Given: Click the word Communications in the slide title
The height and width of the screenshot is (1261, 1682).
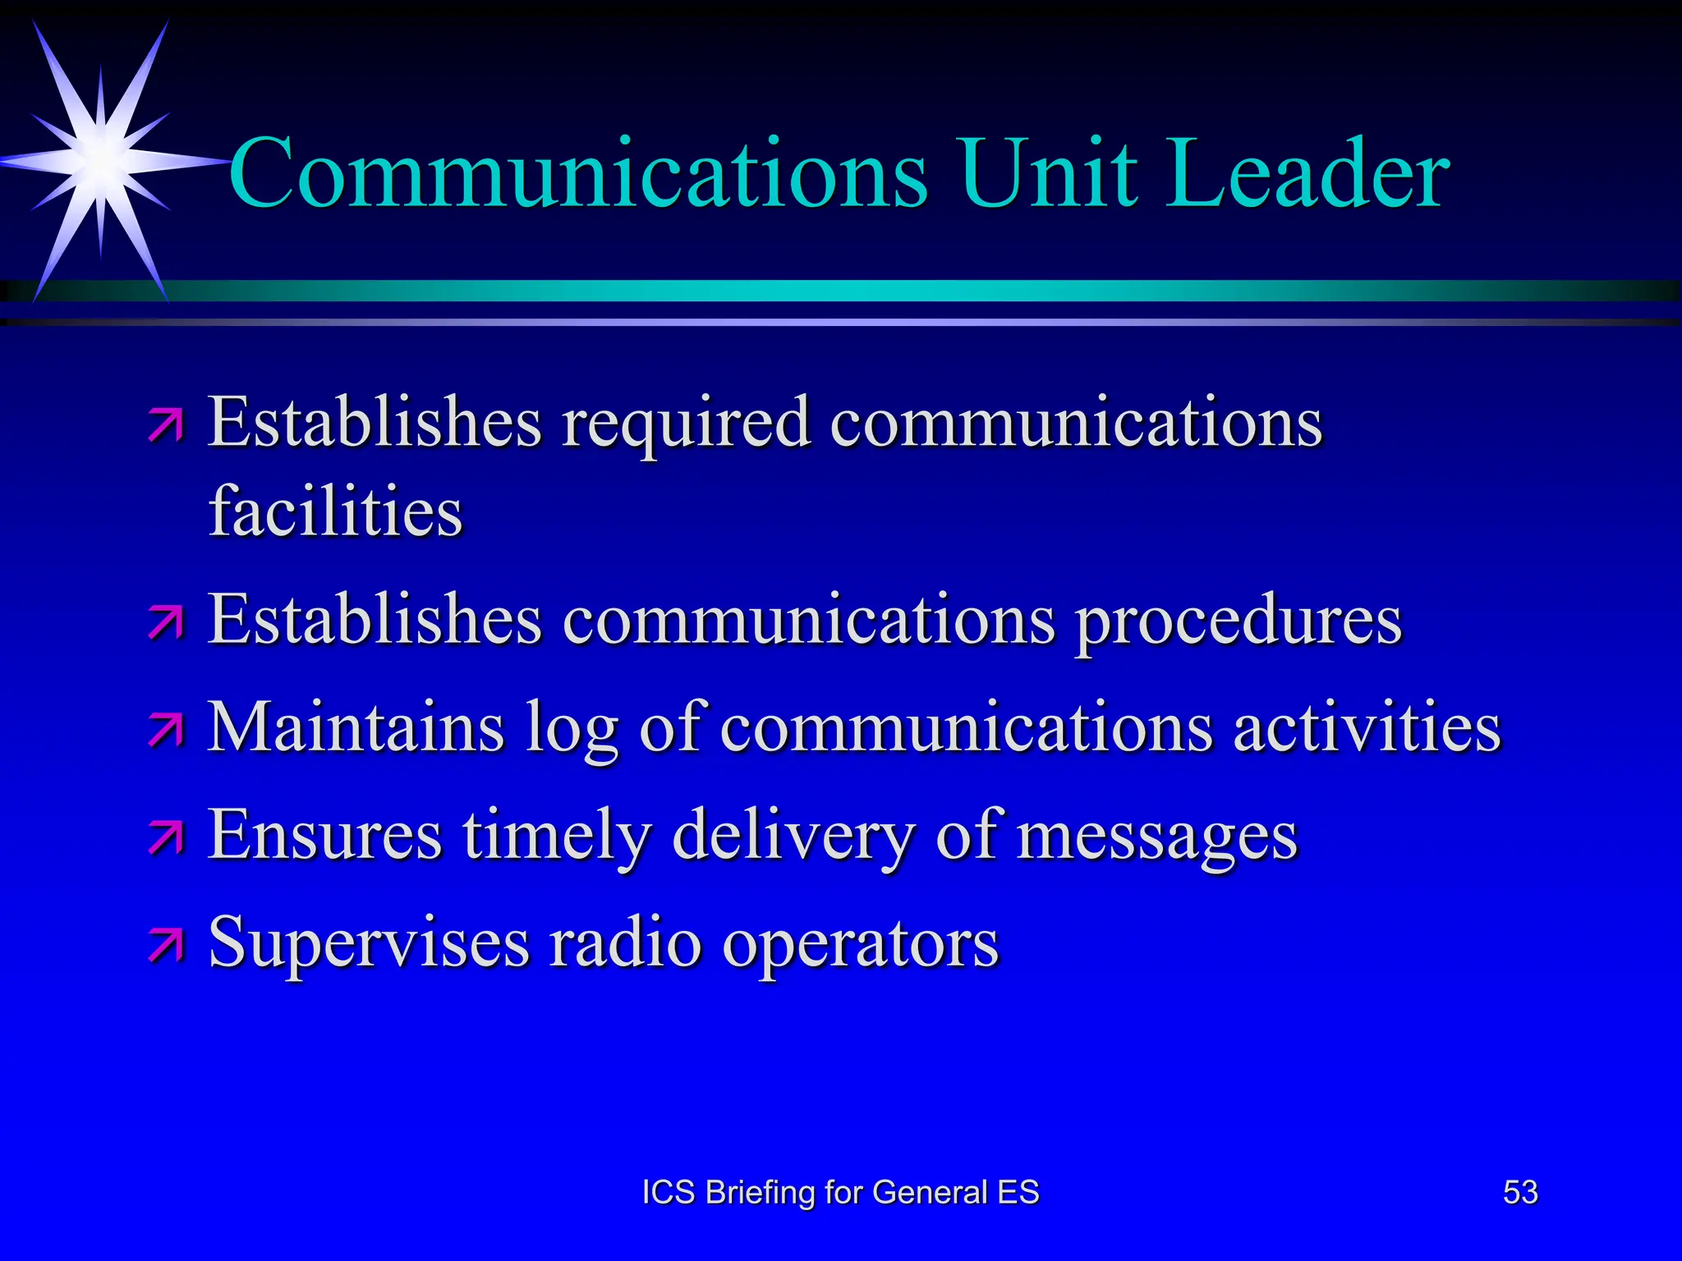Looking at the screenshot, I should pos(578,174).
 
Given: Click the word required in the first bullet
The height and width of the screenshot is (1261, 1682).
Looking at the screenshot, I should pos(687,424).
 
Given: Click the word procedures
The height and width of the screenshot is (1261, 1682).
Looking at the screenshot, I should pos(1239,621).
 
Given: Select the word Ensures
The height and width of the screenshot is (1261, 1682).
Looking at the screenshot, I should pos(325,834).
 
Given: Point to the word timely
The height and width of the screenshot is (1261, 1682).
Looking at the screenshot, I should pos(557,836).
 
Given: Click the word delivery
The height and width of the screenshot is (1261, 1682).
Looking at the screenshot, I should pos(793,836).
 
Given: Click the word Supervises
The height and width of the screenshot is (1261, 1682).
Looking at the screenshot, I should pos(369,942).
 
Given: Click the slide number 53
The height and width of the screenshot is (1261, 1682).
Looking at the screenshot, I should pos(1520,1192).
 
